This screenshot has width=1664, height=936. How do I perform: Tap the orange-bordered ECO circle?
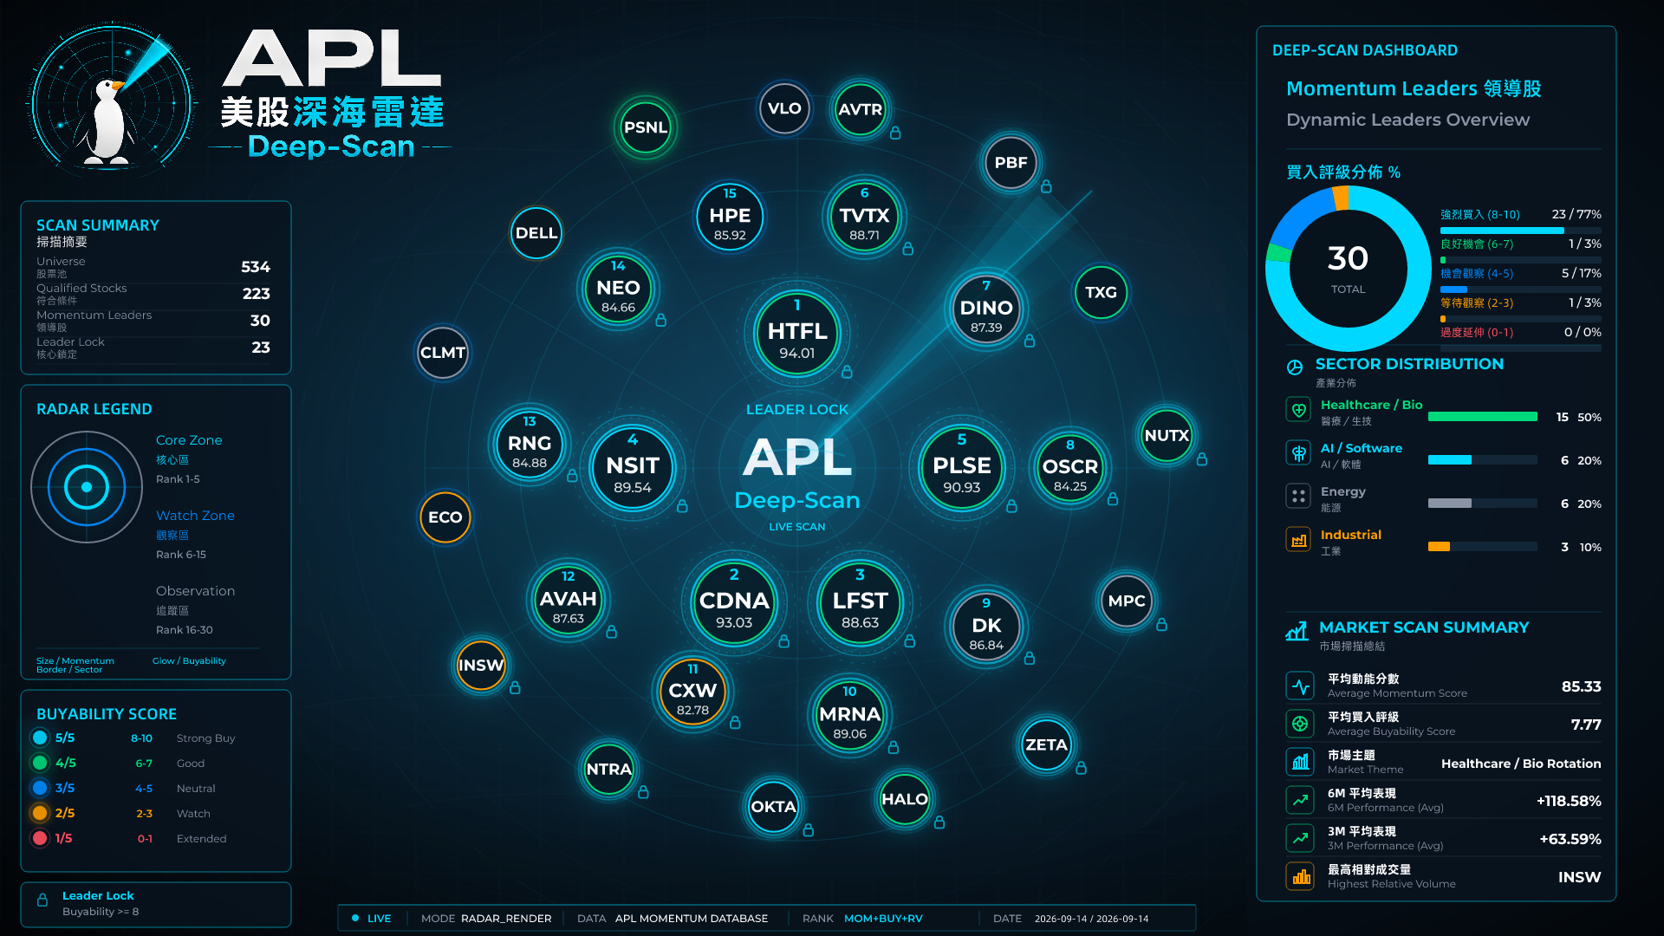pos(445,517)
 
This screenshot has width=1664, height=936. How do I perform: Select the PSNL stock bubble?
pos(646,127)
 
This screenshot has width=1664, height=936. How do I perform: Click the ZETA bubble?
pos(1046,745)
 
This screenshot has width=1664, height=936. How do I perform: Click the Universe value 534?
pos(256,267)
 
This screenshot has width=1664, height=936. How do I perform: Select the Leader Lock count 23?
pos(261,348)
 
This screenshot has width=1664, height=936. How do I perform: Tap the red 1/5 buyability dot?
pos(40,838)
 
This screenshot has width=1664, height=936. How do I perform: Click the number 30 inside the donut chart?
pos(1348,258)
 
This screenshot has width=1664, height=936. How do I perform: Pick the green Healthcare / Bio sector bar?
pos(1483,417)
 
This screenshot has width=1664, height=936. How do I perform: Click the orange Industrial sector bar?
pos(1439,547)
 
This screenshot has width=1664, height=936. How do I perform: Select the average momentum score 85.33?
pos(1581,686)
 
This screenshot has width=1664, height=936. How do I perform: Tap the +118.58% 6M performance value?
pos(1569,801)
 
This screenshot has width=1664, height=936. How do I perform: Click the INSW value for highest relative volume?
pos(1579,877)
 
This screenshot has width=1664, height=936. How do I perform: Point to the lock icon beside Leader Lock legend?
pos(42,900)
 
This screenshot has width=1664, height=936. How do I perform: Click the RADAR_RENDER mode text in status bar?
pos(506,919)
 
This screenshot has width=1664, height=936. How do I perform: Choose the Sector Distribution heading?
pos(1409,364)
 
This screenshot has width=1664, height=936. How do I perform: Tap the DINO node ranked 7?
pos(986,309)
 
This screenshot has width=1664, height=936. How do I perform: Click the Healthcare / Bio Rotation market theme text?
pos(1521,764)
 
